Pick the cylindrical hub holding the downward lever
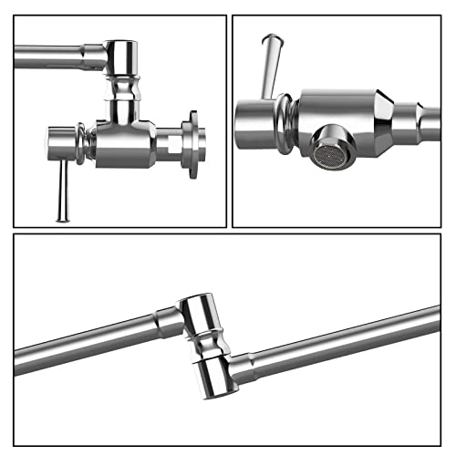61,143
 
